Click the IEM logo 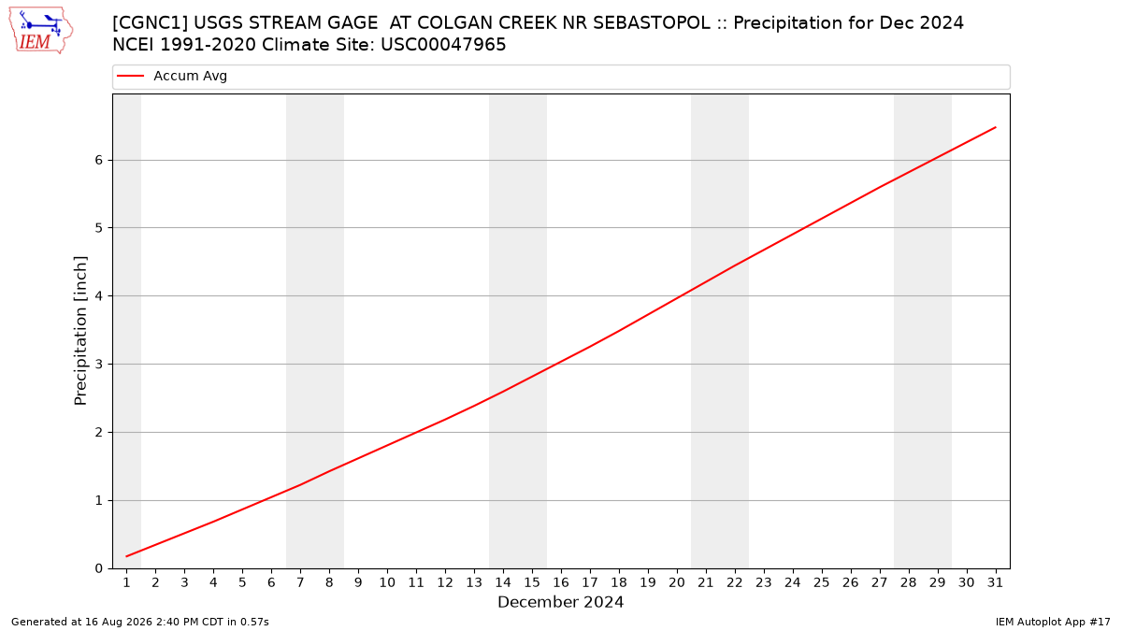click(x=40, y=31)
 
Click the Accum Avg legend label click(x=190, y=76)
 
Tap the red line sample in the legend click(x=130, y=76)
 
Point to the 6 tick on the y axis click(x=99, y=160)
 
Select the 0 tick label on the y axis click(x=99, y=569)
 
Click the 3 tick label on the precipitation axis click(x=99, y=365)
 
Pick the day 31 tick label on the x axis click(x=995, y=583)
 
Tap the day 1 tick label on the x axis click(x=127, y=583)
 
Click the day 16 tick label click(x=561, y=583)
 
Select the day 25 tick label click(x=822, y=583)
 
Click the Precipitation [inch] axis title click(x=80, y=331)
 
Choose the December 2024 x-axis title click(x=560, y=602)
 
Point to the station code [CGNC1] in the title click(x=151, y=23)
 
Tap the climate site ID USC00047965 click(x=443, y=45)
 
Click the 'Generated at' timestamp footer click(x=139, y=622)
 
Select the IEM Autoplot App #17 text click(x=1053, y=622)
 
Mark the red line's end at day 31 click(x=996, y=127)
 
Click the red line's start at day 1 click(x=126, y=556)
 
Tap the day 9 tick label click(x=358, y=583)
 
